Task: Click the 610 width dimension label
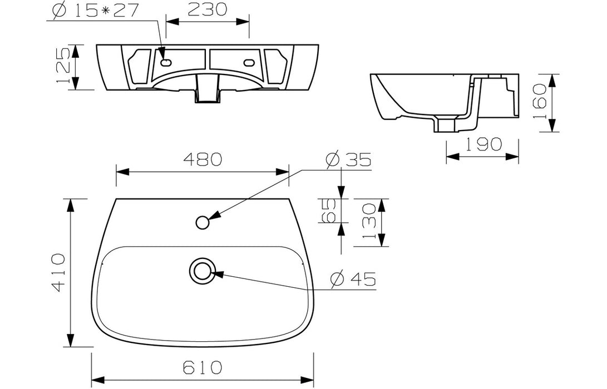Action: click(201, 367)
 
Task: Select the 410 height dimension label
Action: click(58, 272)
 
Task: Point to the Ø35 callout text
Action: click(349, 159)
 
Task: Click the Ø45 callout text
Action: click(353, 278)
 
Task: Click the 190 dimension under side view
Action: click(482, 144)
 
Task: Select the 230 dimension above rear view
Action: click(207, 9)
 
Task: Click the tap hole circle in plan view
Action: click(203, 222)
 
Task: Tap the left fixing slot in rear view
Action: click(165, 63)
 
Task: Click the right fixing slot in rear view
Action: click(248, 63)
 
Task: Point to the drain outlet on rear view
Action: click(206, 96)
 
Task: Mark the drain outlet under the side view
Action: click(447, 126)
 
